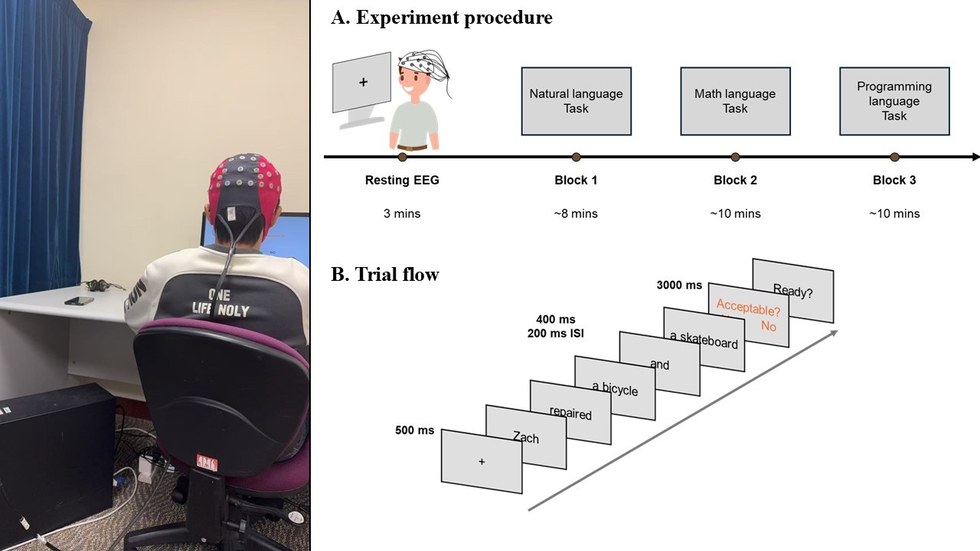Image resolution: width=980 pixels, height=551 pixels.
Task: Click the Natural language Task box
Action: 576,101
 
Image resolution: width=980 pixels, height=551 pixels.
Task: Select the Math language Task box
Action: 735,101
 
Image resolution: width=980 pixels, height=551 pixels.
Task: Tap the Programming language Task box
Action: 894,101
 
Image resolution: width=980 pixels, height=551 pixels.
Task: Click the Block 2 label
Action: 735,181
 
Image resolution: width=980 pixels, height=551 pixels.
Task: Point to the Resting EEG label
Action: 402,181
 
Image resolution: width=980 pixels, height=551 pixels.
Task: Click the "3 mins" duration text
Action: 402,214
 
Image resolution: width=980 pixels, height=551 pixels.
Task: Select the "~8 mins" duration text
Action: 576,214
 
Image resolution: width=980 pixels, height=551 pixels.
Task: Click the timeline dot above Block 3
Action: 894,157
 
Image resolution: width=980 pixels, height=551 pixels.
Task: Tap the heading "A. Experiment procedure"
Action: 441,18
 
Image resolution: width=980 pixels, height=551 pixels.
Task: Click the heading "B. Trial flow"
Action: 384,275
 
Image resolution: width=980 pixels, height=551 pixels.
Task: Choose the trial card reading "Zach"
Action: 526,437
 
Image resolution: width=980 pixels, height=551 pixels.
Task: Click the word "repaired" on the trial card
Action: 570,413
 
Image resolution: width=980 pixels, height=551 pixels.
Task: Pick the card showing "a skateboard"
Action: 704,340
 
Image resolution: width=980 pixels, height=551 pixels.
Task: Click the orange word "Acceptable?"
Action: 748,309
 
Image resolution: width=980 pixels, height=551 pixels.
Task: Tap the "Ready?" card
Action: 792,291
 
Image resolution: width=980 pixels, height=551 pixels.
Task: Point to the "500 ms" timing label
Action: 414,430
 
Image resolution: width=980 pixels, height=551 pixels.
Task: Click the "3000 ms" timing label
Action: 679,285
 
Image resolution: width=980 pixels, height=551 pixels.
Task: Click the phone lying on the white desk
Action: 78,300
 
